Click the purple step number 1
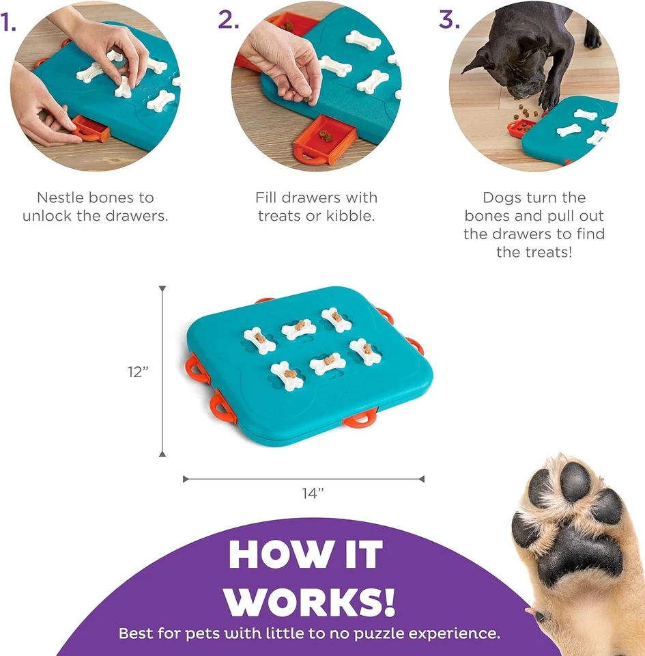click(8, 23)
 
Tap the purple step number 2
click(228, 20)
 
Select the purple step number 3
click(449, 20)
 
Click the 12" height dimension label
click(137, 372)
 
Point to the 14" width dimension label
click(313, 494)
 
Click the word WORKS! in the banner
click(311, 599)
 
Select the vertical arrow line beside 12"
click(162, 372)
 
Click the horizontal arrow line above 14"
click(304, 479)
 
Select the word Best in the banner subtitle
click(135, 633)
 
